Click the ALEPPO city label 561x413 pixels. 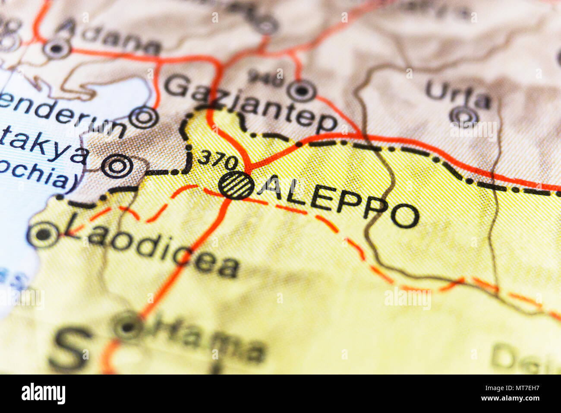tap(341, 202)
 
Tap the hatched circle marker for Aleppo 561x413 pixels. tap(236, 186)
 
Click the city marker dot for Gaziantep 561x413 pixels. tap(302, 91)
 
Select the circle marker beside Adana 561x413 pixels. tap(57, 48)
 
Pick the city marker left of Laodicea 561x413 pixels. tap(43, 235)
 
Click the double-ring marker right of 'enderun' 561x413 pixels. tap(144, 118)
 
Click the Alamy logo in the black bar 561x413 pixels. tap(44, 394)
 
